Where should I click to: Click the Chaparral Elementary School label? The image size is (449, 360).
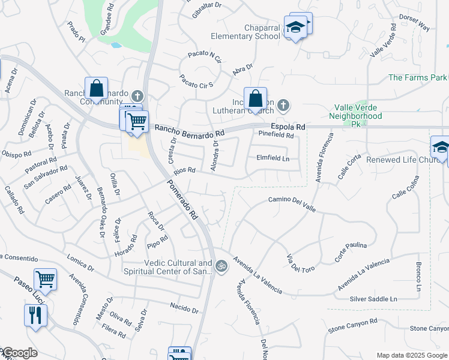(246, 32)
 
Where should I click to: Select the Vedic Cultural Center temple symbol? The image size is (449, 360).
(221, 265)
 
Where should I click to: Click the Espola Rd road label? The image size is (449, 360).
(288, 127)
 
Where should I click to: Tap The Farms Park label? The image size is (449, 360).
(418, 77)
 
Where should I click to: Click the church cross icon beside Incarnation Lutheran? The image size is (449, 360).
(283, 106)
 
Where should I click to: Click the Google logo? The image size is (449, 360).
(19, 353)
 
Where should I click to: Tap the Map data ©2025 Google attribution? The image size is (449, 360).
(412, 355)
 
